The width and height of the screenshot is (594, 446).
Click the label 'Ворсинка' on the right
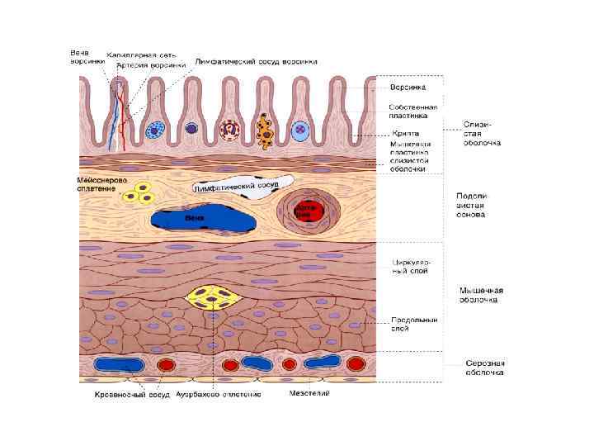pos(407,87)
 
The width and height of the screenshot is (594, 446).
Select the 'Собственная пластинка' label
pos(413,111)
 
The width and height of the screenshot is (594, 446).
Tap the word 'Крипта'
pos(405,133)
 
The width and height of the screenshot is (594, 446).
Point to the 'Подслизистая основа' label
pos(471,206)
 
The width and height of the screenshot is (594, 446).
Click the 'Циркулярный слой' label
pos(410,266)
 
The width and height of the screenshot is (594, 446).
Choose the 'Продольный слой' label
pos(413,324)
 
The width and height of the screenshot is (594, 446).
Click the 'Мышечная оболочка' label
pos(481,295)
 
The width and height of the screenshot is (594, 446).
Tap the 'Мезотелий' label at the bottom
pos(309,393)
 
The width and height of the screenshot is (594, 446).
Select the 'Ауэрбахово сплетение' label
pos(218,394)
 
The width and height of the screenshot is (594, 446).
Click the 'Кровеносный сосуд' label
pos(131,394)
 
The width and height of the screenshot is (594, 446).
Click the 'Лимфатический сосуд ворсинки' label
pos(256,61)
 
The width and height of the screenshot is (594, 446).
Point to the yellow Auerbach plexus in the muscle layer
pos(213,298)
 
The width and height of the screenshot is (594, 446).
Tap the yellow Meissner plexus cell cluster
pos(141,193)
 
